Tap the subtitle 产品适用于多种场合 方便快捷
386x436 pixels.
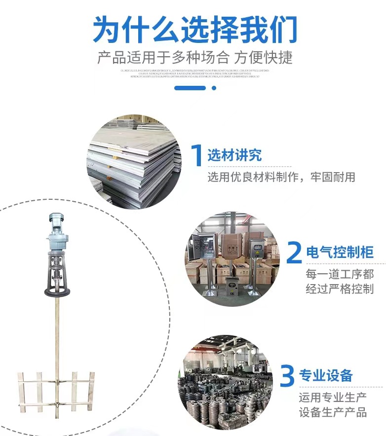pyautogui.click(x=195, y=57)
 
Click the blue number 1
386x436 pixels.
pyautogui.click(x=196, y=155)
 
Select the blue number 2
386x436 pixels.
pyautogui.click(x=294, y=253)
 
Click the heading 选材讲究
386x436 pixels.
pyautogui.click(x=234, y=156)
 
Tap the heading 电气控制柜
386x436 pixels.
pyautogui.click(x=340, y=253)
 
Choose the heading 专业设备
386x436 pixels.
pyautogui.click(x=326, y=376)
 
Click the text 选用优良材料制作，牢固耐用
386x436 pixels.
pyautogui.click(x=281, y=177)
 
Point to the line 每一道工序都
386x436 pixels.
pyautogui.click(x=340, y=274)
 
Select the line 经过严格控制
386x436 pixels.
pyautogui.click(x=340, y=289)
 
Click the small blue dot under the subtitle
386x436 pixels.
pyautogui.click(x=214, y=88)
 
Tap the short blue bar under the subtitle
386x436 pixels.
pyautogui.click(x=190, y=88)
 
